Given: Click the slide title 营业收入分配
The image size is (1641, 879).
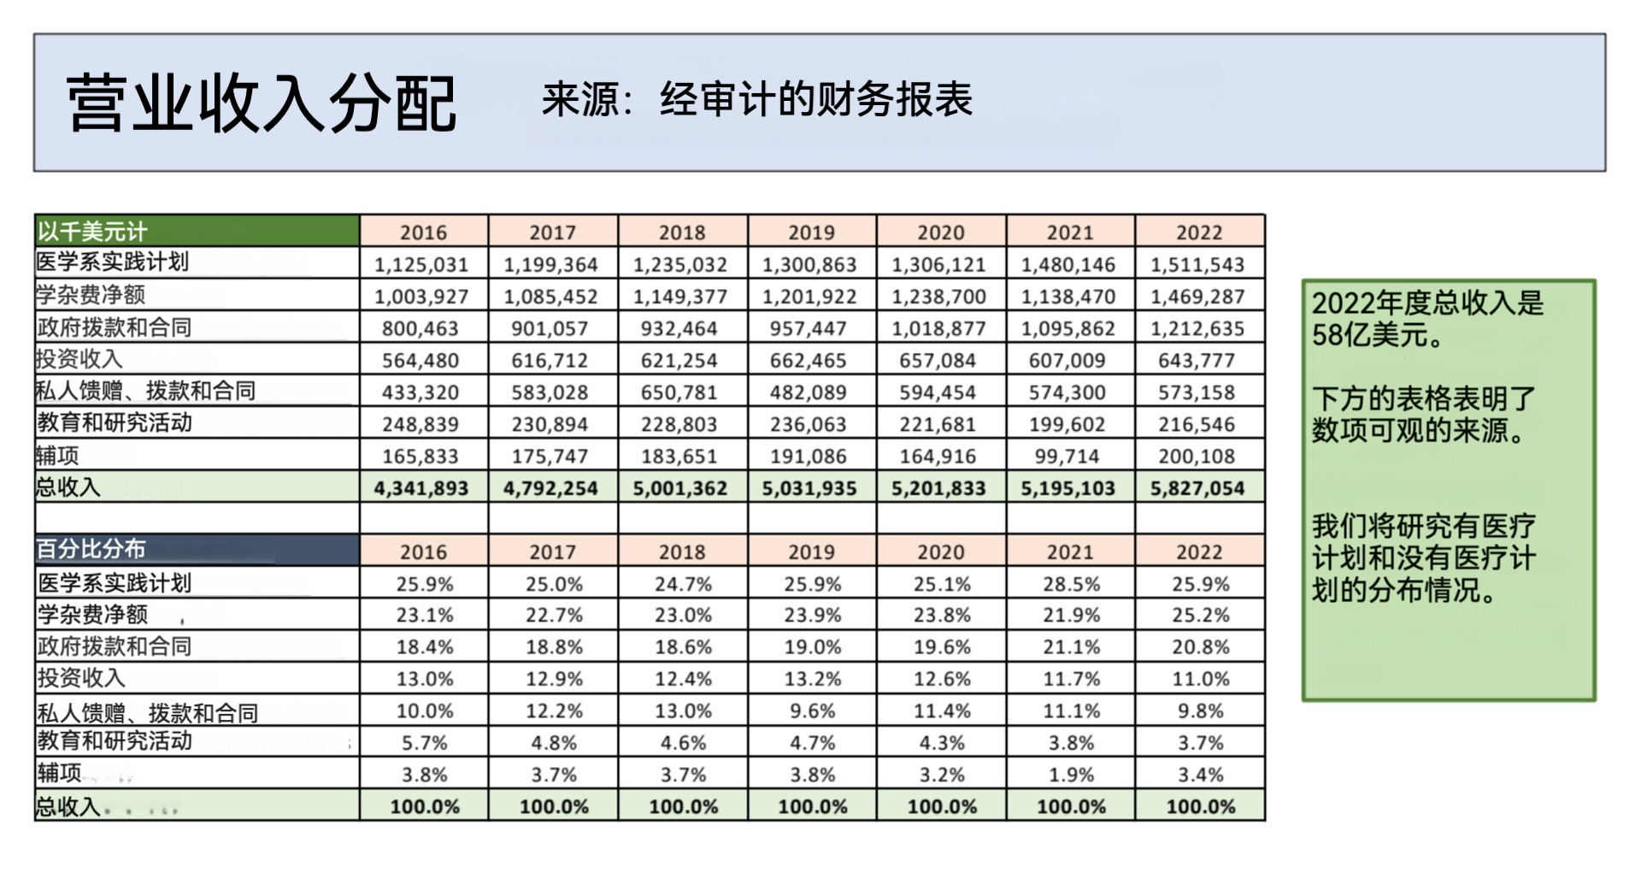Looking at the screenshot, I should point(261,103).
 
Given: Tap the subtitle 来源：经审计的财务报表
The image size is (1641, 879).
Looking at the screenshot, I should point(757,100).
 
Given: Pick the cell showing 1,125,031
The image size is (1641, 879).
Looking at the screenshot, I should point(421,265).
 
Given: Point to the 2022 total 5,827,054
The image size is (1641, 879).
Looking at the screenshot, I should point(1197,488).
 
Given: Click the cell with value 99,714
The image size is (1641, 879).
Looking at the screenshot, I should point(1068,457).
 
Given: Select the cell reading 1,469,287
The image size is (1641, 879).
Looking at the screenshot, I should point(1197,297).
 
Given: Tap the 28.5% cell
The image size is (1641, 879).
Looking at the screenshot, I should point(1071,585).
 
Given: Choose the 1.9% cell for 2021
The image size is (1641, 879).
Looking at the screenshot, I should point(1071,776).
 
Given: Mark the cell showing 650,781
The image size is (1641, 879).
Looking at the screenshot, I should point(679,392).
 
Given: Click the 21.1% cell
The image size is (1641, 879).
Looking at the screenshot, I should point(1071,647).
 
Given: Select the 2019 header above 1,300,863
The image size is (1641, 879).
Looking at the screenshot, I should point(811,233).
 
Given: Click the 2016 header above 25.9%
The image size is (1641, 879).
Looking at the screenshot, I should point(424,552).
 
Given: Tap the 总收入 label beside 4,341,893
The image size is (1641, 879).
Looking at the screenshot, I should point(68,487).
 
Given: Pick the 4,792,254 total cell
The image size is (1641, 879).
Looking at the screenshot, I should point(550,488).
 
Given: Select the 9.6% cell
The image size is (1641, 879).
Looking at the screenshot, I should point(813,711).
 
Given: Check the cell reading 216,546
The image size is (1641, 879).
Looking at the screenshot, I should point(1197,424).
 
